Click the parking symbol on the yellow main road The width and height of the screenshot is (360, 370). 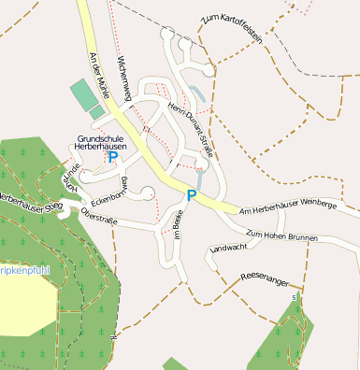pos(192,195)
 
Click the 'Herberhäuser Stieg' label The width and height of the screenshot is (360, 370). pos(27,198)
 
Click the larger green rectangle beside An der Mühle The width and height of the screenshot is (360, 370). pos(83,94)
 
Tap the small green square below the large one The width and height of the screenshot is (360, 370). pos(97,112)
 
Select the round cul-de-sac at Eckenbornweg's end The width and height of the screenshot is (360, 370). pos(147,193)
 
